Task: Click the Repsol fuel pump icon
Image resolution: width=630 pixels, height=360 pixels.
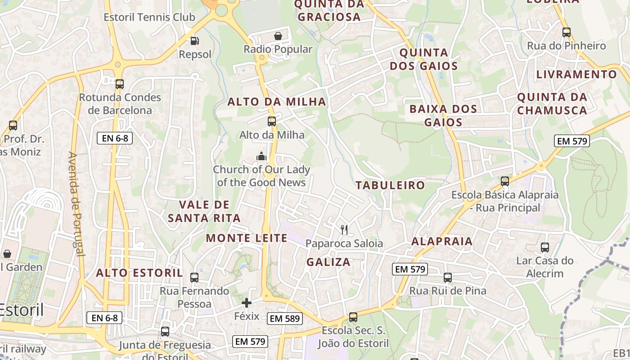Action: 195,41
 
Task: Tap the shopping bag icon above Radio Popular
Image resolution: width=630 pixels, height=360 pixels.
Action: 278,36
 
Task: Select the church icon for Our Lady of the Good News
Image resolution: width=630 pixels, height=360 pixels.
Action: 261,156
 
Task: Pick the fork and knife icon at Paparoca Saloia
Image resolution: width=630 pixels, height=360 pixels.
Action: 344,230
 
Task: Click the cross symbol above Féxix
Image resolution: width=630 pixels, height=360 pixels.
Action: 247,303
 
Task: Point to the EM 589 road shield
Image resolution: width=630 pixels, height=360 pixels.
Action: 285,319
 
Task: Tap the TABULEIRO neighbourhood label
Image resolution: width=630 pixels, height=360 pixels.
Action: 390,185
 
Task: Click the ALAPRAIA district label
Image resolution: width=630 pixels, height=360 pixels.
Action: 442,241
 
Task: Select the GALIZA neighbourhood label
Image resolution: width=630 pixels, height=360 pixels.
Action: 328,262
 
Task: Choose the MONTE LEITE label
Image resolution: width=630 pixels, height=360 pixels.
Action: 247,238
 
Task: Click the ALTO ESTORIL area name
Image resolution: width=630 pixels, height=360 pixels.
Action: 139,273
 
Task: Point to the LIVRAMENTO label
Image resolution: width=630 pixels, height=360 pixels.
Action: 576,74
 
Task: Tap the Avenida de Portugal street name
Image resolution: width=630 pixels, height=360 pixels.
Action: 76,204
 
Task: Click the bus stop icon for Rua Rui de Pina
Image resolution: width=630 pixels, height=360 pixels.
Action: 447,278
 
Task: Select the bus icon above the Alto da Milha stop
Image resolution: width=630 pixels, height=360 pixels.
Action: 271,121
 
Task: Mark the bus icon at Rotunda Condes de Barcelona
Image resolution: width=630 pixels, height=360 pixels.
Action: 119,84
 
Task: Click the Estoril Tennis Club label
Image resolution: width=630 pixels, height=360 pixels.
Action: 149,18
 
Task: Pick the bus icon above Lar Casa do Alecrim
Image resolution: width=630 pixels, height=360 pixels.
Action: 545,247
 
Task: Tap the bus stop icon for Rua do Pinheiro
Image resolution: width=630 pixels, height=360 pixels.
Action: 566,32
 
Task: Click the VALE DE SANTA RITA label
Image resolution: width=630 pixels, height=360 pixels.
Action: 204,211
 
